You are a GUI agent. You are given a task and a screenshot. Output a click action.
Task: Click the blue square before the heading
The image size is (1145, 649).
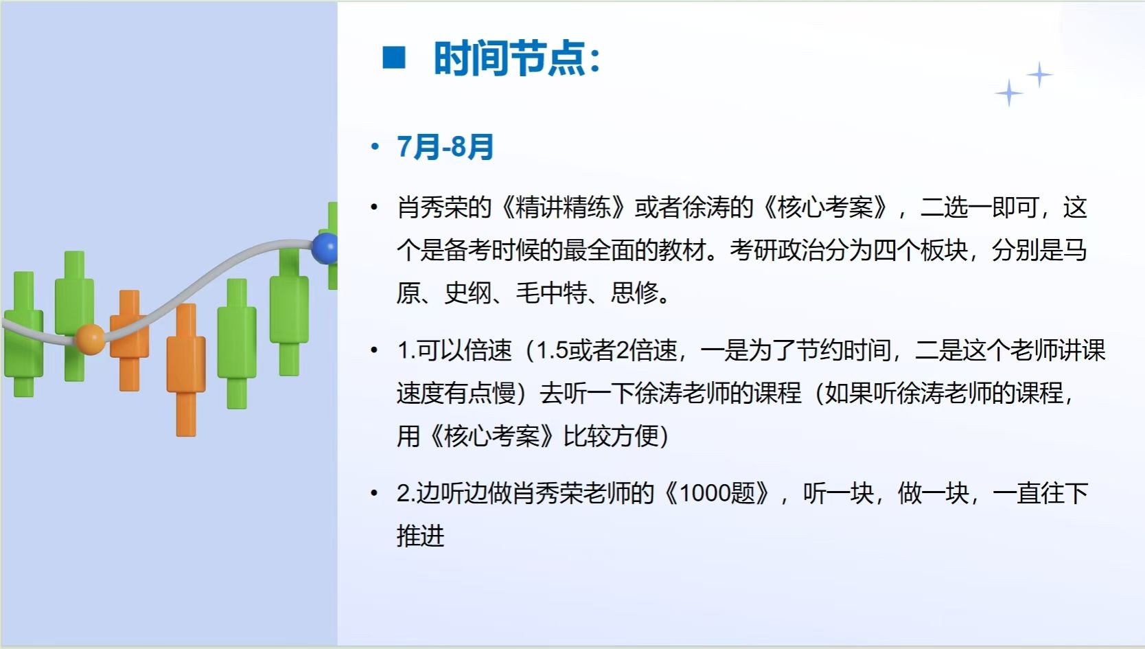click(393, 57)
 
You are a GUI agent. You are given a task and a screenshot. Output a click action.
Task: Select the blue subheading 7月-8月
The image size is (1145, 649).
click(445, 147)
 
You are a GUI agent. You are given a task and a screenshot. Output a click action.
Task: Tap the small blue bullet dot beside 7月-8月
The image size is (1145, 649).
click(375, 147)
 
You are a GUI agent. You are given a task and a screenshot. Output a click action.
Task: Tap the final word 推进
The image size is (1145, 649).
click(420, 536)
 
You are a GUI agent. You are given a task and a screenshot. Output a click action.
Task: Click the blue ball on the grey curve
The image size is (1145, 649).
click(325, 248)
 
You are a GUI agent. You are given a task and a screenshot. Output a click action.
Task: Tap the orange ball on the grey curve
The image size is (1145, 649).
click(91, 339)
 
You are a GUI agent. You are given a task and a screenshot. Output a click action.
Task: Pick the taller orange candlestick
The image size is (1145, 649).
click(186, 369)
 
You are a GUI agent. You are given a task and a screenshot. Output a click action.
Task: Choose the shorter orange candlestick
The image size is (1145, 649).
click(129, 340)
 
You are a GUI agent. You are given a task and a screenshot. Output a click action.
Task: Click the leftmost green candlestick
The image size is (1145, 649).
click(23, 334)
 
